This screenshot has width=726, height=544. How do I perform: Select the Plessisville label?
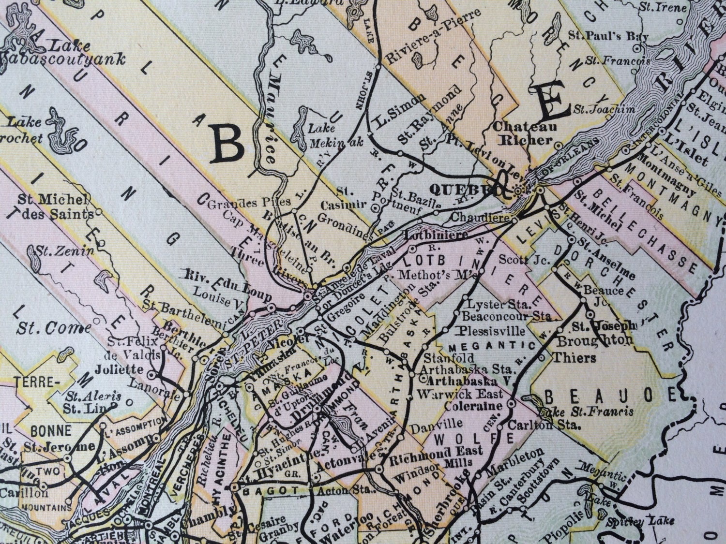492,331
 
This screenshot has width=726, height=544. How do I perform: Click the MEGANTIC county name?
492,346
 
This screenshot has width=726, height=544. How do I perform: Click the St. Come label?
53,328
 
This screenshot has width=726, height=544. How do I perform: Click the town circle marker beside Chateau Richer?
558,145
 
